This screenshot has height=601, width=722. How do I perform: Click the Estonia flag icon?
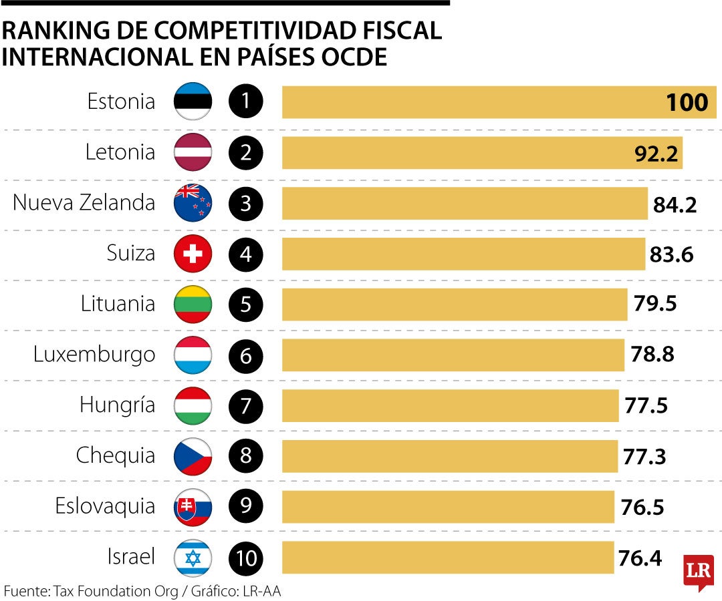tap(193, 102)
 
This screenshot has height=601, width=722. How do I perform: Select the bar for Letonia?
tap(481, 153)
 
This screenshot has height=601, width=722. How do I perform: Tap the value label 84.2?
tap(675, 204)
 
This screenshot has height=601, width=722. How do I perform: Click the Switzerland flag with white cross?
tap(193, 254)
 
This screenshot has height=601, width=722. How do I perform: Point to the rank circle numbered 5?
tap(246, 305)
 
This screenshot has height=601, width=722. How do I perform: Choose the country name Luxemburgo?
tap(94, 355)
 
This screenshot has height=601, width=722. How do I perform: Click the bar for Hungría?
tap(450, 405)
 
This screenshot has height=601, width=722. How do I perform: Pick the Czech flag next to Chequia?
tap(193, 456)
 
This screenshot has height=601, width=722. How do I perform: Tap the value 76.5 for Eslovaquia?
tap(642, 507)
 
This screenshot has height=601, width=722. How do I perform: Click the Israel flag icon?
tap(193, 558)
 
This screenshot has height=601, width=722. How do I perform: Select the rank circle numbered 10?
tap(246, 558)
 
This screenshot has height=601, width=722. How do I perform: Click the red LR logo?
tap(698, 571)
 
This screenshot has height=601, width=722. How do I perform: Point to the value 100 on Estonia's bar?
tap(687, 103)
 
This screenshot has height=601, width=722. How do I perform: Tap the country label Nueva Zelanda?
tap(84, 203)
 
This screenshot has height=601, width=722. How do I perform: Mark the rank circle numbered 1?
tap(246, 102)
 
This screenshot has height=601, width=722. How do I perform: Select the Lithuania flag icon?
tap(193, 305)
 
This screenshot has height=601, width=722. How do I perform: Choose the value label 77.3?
tap(644, 457)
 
